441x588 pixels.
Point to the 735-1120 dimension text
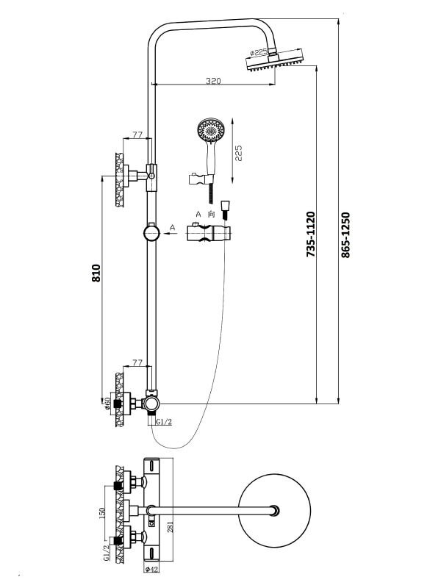click(310, 234)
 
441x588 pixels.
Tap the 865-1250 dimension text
click(346, 234)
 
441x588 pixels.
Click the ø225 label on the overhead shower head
click(259, 53)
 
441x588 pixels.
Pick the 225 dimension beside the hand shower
click(238, 153)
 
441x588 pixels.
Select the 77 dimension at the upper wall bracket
click(137, 135)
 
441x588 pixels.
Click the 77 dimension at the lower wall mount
click(137, 362)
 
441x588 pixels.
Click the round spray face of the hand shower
click(210, 132)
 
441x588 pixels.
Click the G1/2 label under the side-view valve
click(162, 422)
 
